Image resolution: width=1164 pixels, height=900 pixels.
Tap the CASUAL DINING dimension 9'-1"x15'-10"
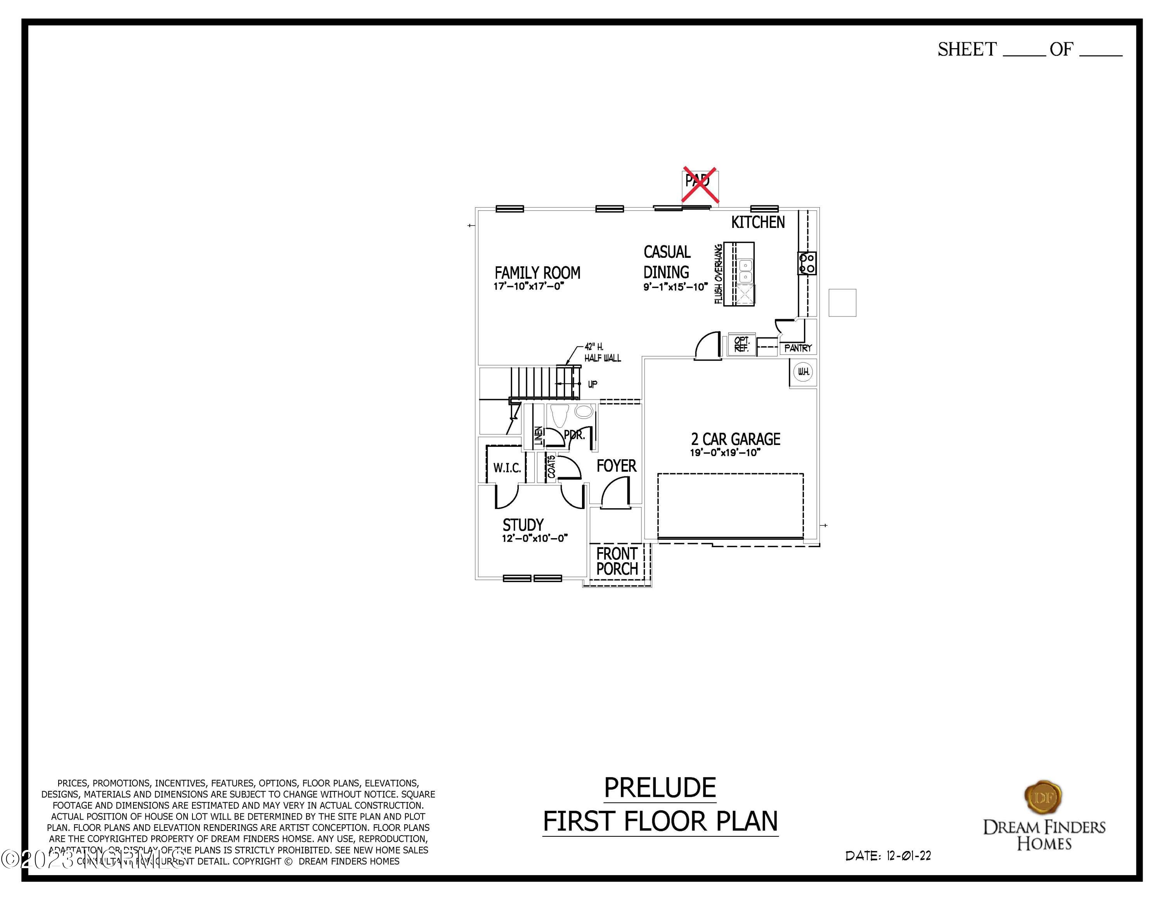pos(675,287)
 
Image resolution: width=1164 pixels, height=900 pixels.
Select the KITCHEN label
pos(757,222)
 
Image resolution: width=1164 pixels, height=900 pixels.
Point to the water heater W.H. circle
pos(803,372)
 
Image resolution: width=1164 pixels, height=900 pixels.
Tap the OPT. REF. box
pos(741,344)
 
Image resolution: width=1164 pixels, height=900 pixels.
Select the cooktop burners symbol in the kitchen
pos(807,263)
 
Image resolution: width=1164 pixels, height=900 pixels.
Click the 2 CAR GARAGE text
pos(736,440)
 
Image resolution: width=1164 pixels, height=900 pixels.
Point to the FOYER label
pos(616,466)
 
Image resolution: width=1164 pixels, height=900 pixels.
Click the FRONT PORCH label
pos(617,561)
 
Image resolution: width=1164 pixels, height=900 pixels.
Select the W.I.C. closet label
pos(507,468)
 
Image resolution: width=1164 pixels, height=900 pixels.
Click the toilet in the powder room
pos(559,415)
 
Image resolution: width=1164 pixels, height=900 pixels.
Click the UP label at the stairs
pos(592,384)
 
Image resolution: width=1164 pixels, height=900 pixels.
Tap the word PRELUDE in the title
pos(660,788)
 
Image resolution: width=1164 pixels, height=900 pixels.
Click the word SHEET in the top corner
pos(967,50)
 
